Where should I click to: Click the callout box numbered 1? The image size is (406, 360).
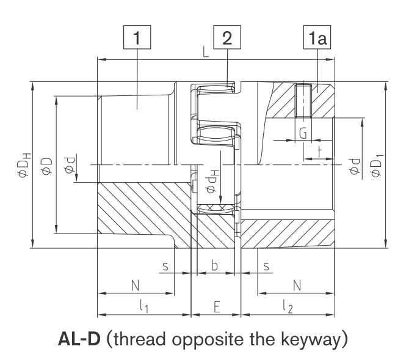pyautogui.click(x=137, y=37)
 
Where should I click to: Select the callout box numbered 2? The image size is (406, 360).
pyautogui.click(x=227, y=37)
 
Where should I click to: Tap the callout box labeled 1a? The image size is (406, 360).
pyautogui.click(x=317, y=37)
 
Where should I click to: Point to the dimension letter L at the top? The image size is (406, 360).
pyautogui.click(x=206, y=52)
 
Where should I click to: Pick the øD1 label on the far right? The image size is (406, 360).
pyautogui.click(x=377, y=166)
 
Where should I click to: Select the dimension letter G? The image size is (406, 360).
pyautogui.click(x=303, y=133)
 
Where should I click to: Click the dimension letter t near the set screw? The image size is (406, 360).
pyautogui.click(x=319, y=152)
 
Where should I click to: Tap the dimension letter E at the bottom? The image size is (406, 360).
pyautogui.click(x=217, y=307)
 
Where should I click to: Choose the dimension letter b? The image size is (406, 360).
pyautogui.click(x=214, y=265)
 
